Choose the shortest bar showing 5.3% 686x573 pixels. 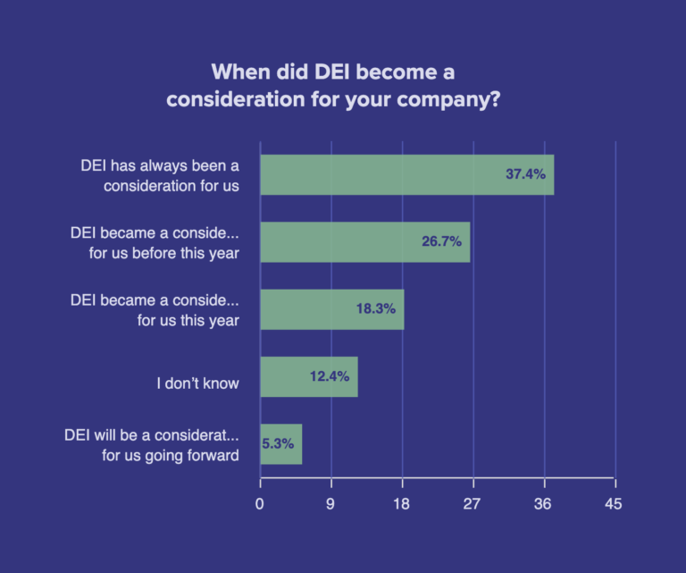280,443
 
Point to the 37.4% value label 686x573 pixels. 525,174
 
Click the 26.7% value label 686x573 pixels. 441,242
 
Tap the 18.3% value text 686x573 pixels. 375,309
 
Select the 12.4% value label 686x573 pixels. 329,376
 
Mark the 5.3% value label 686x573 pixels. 279,443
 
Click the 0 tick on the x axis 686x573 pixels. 260,504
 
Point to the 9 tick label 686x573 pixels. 330,504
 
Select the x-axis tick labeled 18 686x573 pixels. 402,504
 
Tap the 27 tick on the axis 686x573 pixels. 472,504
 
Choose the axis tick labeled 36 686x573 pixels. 542,504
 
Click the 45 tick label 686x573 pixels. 613,504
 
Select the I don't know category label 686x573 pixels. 197,383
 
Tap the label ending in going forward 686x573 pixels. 153,444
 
